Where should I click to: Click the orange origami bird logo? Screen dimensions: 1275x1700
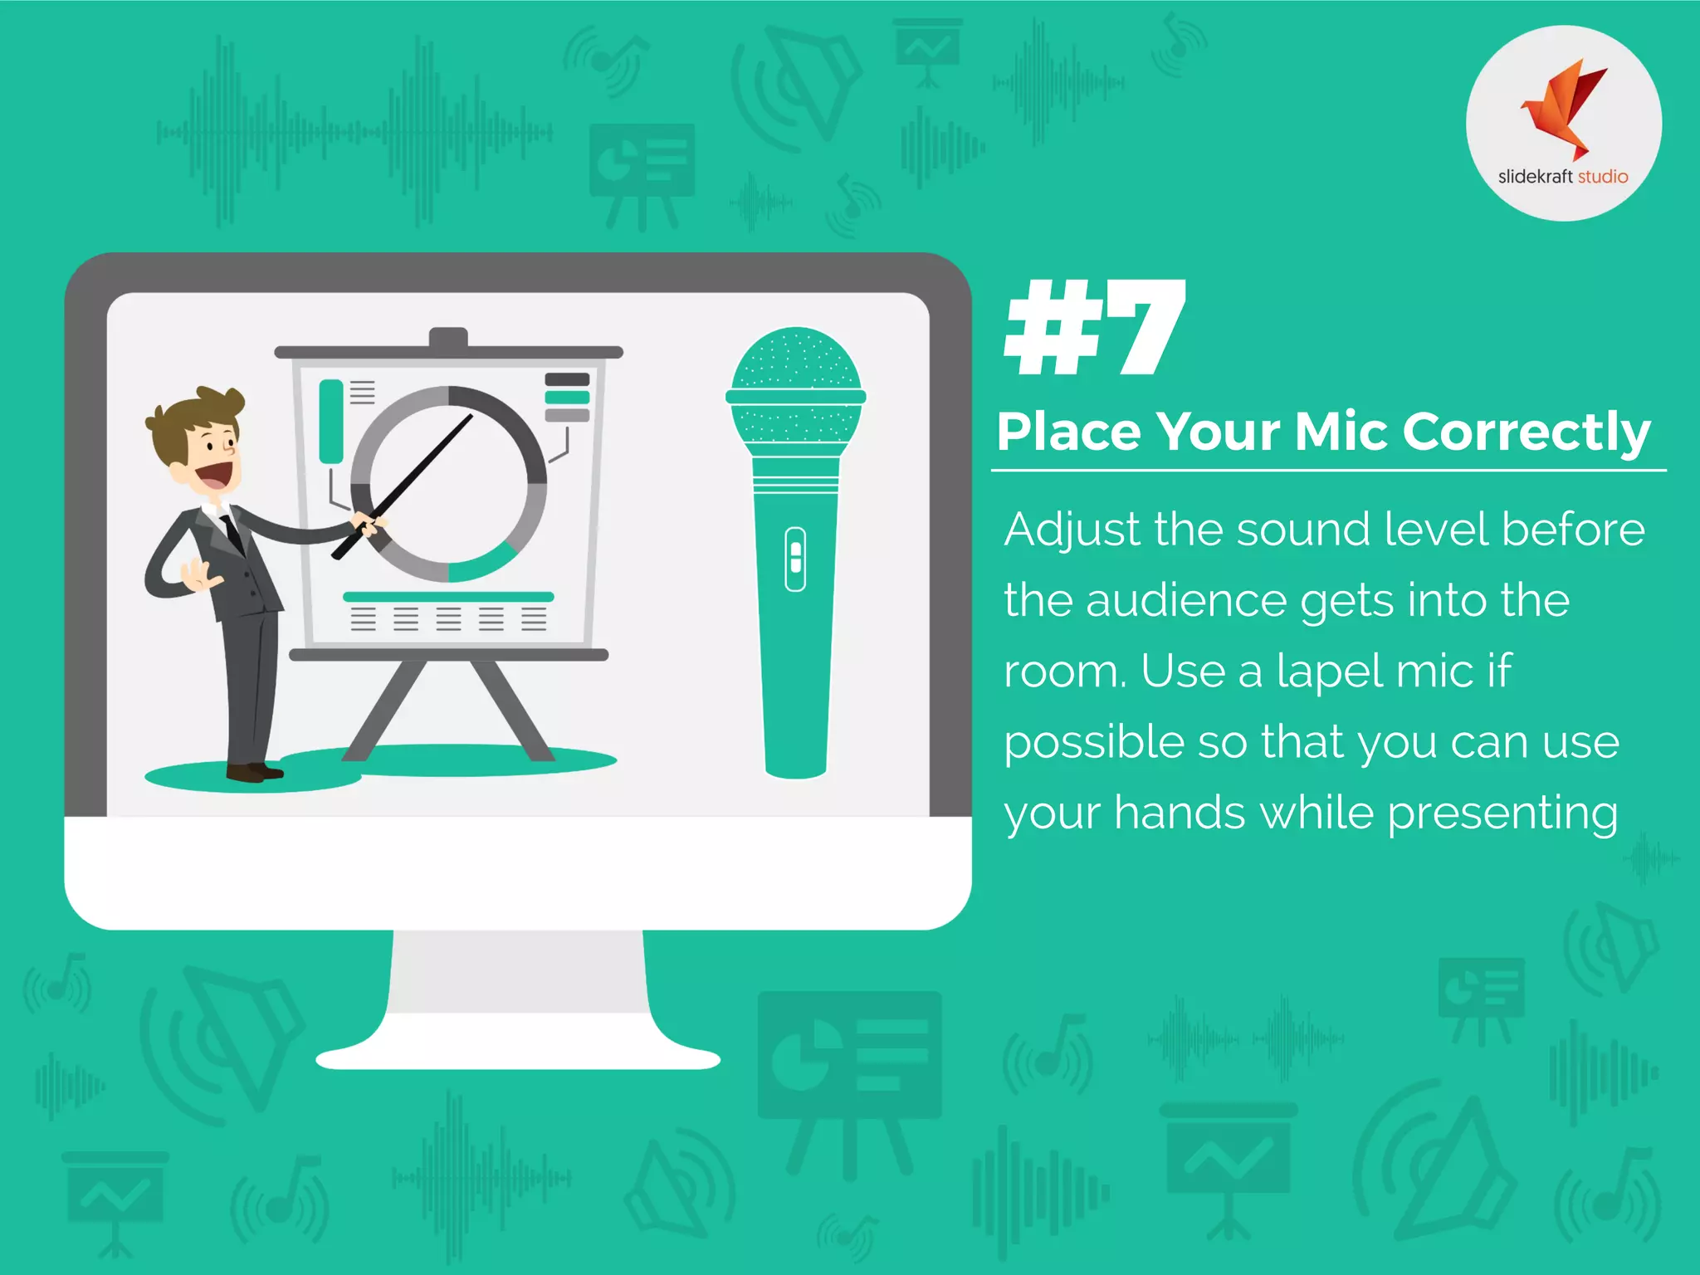(1564, 108)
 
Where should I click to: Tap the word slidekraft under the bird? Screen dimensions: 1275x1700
(1535, 177)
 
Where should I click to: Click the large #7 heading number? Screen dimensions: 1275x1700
(1095, 327)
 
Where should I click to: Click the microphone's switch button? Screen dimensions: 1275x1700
(795, 559)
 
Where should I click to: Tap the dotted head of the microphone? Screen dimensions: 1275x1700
(796, 361)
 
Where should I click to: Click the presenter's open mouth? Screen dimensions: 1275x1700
(215, 476)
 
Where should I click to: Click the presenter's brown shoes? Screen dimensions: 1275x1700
(254, 773)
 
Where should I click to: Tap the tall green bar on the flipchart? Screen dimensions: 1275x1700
(331, 421)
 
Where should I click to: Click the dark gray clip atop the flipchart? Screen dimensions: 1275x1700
(448, 338)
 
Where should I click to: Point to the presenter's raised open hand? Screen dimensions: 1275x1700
(198, 575)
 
